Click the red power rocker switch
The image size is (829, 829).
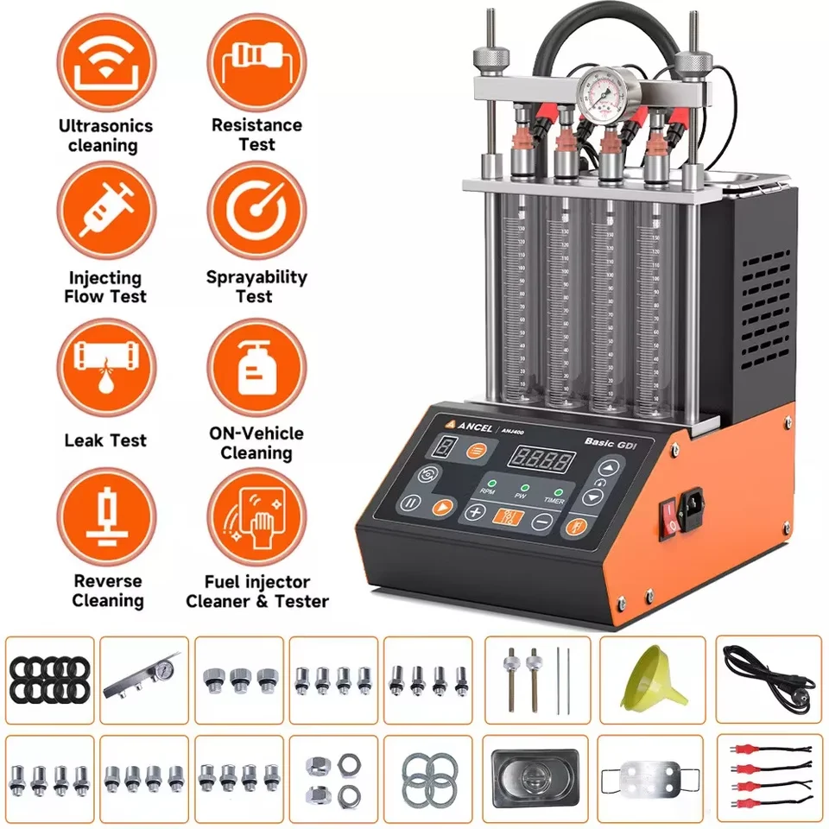[x=668, y=516]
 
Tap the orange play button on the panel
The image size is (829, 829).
[x=443, y=508]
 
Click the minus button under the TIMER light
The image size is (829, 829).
[x=541, y=520]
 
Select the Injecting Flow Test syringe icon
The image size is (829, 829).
[x=105, y=214]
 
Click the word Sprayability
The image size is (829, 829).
[x=256, y=277]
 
